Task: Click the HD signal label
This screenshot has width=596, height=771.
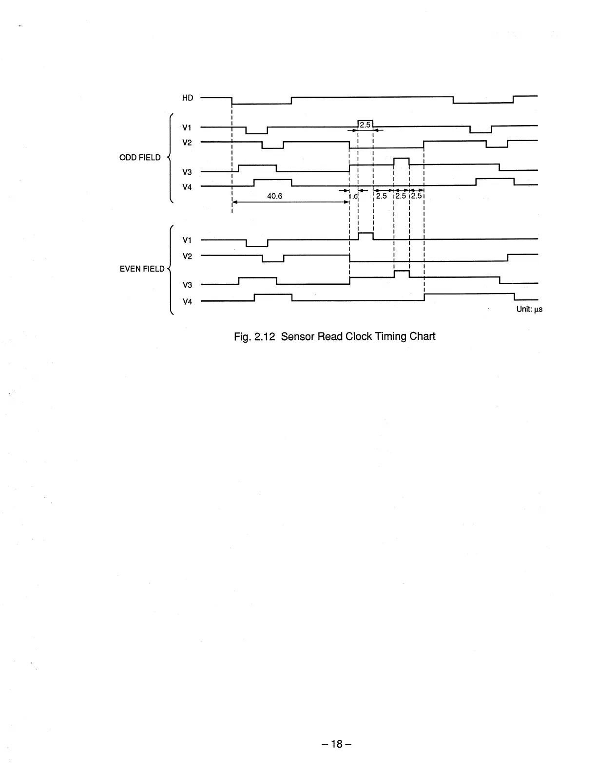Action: [x=188, y=98]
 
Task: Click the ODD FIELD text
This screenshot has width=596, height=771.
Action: [x=140, y=157]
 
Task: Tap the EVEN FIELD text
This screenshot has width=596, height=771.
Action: [x=142, y=269]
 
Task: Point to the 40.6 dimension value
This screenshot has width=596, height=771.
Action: [x=275, y=196]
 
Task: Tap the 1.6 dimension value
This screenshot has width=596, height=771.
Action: [x=353, y=196]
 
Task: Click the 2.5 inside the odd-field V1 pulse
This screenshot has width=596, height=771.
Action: [x=365, y=125]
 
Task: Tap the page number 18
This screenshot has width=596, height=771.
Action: [x=337, y=744]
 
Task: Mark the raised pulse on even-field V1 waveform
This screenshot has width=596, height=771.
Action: [x=365, y=236]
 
